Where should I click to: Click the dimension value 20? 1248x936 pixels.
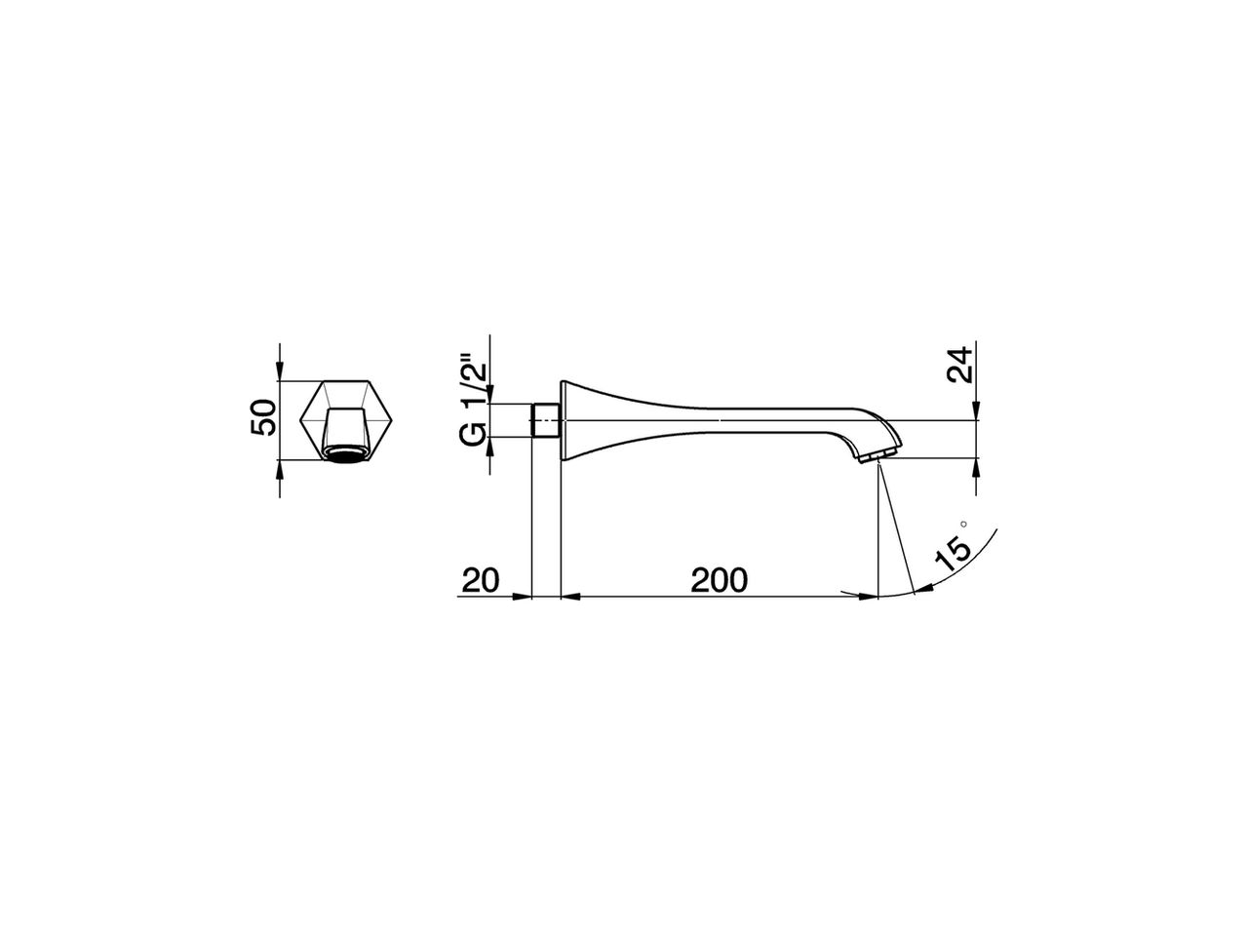tap(481, 580)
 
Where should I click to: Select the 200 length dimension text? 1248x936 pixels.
tap(719, 580)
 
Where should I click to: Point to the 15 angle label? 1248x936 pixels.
tap(952, 552)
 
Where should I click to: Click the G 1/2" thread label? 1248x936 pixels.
tap(473, 404)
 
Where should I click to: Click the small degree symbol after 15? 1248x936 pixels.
tap(964, 525)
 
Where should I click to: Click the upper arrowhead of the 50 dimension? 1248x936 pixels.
tap(279, 371)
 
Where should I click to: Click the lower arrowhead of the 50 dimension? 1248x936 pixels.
tap(279, 467)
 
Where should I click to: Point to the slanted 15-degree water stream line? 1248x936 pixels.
tap(896, 526)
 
